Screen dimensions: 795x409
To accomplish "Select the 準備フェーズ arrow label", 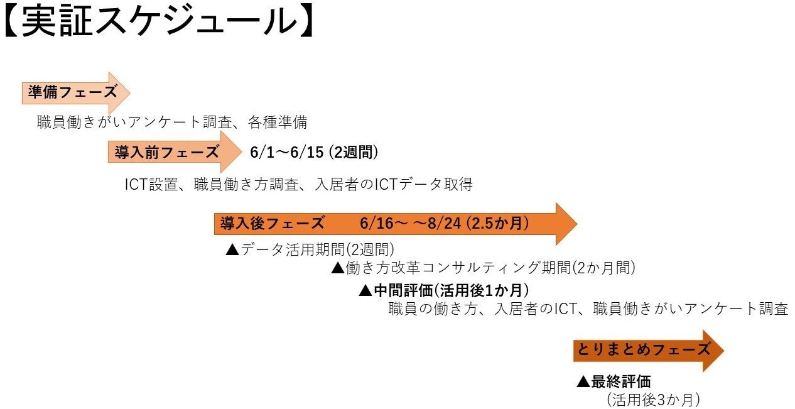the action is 73,92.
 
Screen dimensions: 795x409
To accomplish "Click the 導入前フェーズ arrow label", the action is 166,152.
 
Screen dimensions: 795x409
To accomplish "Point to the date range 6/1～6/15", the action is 286,152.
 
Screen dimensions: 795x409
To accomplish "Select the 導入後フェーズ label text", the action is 272,223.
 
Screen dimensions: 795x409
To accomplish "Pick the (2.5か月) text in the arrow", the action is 496,223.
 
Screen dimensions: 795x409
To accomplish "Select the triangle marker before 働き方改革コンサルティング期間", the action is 338,268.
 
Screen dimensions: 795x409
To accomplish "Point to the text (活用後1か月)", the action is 481,290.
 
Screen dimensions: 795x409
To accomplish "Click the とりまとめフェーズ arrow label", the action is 642,350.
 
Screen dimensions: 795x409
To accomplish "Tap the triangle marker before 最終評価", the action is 583,381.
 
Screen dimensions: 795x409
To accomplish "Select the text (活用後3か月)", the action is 653,400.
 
